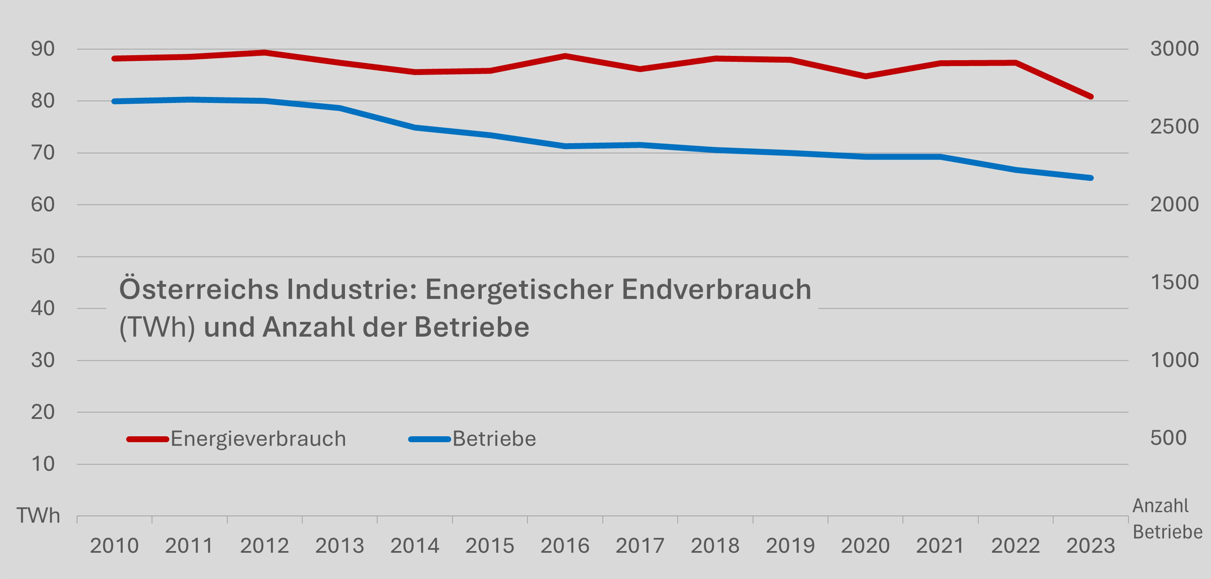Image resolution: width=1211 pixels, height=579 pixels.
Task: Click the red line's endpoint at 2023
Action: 1091,97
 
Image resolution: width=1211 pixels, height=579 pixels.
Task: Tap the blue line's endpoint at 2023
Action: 1091,178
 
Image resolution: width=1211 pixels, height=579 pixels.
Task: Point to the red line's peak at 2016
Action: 565,56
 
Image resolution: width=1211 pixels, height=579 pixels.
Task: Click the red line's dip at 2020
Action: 865,76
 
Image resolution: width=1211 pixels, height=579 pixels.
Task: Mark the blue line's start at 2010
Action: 114,101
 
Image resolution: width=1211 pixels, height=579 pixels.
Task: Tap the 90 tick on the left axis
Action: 43,49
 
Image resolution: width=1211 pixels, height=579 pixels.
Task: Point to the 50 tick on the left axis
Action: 43,256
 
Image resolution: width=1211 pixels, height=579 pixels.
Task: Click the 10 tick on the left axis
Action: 43,464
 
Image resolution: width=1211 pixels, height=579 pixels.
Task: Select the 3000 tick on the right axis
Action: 1174,49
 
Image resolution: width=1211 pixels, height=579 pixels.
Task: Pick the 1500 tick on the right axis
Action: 1174,282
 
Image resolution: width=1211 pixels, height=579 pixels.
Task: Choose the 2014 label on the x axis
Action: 415,546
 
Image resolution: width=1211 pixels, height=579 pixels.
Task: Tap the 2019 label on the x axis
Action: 790,546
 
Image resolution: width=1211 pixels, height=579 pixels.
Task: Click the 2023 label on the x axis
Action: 1091,546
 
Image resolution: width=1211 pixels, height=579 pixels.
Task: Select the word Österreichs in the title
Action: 198,289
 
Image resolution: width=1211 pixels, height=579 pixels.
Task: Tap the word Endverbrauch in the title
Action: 716,289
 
